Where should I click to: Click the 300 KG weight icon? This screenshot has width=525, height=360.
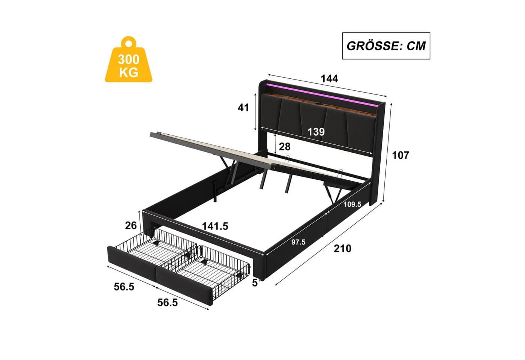pyautogui.click(x=128, y=60)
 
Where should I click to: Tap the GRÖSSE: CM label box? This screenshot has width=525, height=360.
pyautogui.click(x=386, y=46)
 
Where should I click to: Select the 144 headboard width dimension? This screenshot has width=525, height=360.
pyautogui.click(x=329, y=79)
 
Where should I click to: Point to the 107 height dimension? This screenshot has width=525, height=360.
pyautogui.click(x=400, y=155)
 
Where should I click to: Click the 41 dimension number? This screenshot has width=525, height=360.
pyautogui.click(x=243, y=108)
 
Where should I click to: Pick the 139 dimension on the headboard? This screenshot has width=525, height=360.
pyautogui.click(x=316, y=132)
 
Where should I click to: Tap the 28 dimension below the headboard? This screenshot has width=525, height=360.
pyautogui.click(x=285, y=147)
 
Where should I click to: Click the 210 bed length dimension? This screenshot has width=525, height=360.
pyautogui.click(x=343, y=248)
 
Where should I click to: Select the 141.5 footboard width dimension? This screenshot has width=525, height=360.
pyautogui.click(x=215, y=226)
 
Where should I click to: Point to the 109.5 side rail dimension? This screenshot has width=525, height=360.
pyautogui.click(x=352, y=204)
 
